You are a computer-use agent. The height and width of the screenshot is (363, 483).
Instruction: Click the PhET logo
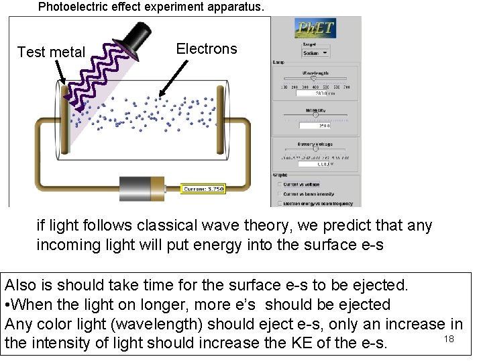315,28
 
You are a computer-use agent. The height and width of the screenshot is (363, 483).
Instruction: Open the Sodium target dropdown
315,52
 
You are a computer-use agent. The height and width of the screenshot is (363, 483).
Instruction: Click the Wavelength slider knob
313,78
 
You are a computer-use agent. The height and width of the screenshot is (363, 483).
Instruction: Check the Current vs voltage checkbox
279,184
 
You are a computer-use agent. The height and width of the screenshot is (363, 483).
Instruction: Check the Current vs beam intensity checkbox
279,194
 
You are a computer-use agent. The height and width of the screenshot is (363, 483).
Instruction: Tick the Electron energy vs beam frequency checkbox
279,202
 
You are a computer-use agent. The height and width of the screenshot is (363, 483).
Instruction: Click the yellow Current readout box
203,189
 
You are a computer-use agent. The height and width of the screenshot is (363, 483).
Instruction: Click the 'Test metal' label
51,52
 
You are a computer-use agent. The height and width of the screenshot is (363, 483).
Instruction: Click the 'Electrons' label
206,48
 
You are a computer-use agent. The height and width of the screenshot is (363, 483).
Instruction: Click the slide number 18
449,339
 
